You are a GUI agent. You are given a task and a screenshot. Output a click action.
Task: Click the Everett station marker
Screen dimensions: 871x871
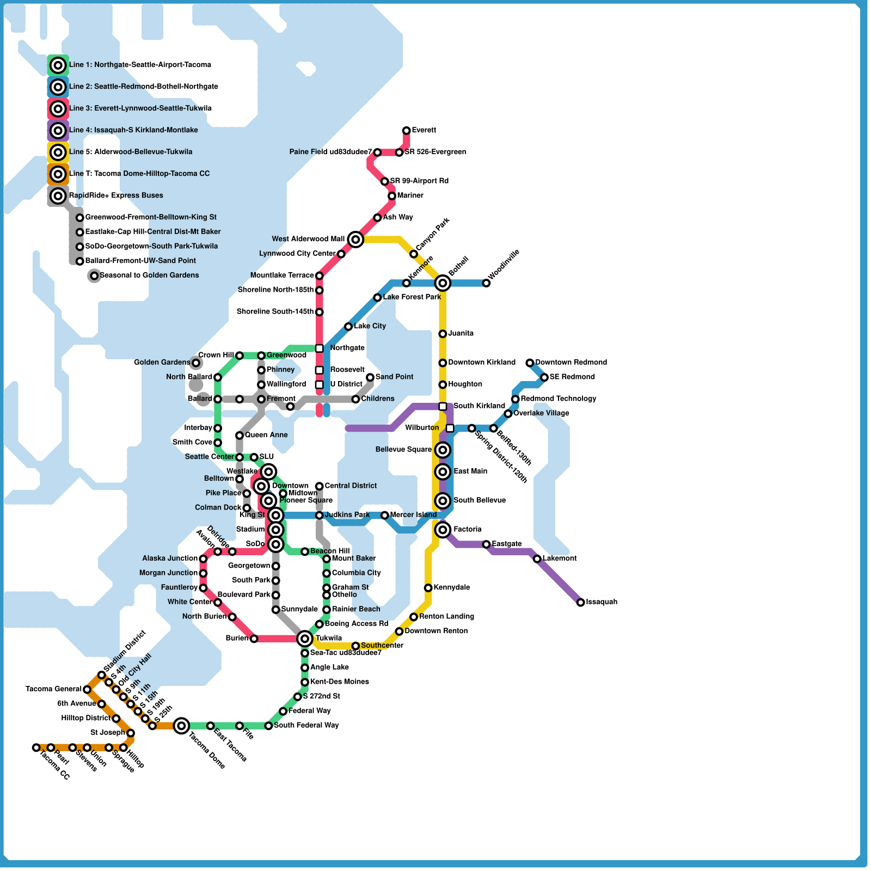tap(406, 131)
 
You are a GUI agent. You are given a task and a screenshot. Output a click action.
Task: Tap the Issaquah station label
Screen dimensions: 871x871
tap(602, 602)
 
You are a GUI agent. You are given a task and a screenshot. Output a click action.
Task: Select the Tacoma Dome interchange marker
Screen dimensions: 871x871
tap(182, 725)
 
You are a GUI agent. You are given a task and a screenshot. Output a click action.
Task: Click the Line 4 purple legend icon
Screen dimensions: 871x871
tap(58, 131)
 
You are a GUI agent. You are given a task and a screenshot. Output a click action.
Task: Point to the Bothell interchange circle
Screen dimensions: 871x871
tap(443, 283)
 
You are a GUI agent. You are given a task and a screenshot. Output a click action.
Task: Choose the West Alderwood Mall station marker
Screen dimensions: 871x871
tap(355, 239)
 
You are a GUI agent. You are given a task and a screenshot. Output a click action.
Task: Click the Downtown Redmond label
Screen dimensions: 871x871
tap(571, 363)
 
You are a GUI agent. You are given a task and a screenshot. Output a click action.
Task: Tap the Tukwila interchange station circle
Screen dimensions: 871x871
tap(305, 638)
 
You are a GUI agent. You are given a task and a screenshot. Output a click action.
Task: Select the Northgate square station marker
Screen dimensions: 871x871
tap(320, 348)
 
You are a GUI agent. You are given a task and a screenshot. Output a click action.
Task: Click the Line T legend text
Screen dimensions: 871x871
tap(139, 174)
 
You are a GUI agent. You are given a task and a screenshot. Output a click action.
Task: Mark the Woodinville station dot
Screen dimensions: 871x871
tap(486, 283)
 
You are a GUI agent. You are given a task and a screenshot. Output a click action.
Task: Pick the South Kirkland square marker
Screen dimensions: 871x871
tap(443, 406)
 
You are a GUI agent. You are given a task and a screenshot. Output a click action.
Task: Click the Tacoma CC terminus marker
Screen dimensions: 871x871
tap(36, 747)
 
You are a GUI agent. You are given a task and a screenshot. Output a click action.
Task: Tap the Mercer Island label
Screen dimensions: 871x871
tap(413, 515)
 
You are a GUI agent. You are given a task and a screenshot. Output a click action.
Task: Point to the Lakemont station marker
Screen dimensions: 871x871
tap(537, 559)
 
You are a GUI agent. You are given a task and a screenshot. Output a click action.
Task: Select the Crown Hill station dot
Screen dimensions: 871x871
tap(239, 355)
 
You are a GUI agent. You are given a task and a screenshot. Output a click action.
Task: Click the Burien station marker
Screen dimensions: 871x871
tap(254, 639)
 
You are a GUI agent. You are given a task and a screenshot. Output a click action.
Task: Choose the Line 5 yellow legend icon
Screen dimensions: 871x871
tap(58, 152)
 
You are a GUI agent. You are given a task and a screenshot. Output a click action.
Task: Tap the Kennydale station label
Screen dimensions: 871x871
tap(452, 588)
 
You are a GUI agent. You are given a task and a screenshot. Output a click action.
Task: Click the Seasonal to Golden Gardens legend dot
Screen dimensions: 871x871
tap(94, 276)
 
